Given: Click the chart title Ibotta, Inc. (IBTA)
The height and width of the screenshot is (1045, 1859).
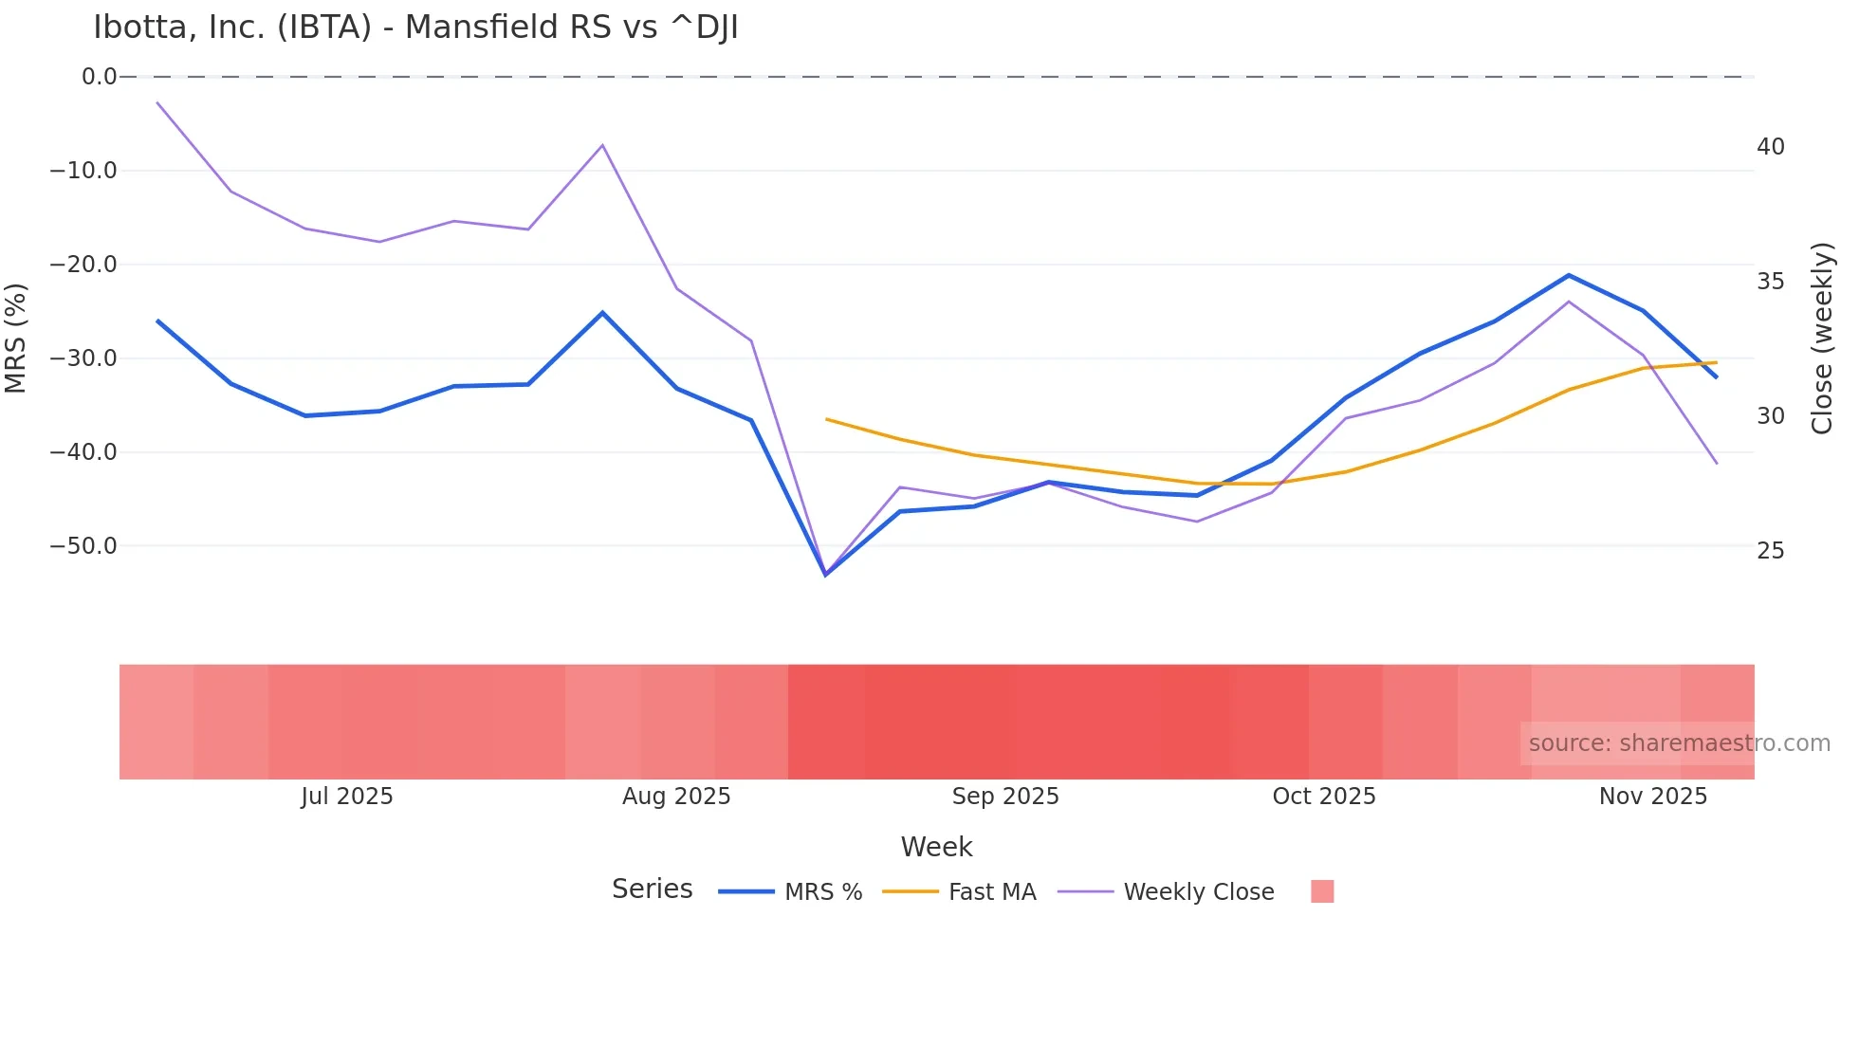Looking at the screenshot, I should tap(415, 27).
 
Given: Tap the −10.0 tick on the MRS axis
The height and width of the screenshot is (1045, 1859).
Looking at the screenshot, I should tap(83, 171).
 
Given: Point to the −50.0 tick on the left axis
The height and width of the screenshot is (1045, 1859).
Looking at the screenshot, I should tap(83, 546).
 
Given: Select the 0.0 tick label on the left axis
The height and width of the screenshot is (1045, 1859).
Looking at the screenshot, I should tap(99, 77).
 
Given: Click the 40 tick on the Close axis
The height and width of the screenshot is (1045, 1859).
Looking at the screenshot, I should tap(1770, 147).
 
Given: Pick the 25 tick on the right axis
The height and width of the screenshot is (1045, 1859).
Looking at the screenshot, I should tap(1770, 551).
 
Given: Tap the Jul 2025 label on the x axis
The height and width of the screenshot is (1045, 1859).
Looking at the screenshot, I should tap(347, 797).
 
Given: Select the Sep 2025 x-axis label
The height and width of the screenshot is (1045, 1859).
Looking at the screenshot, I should tap(1005, 797).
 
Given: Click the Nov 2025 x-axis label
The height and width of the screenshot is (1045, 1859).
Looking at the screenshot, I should tap(1653, 797).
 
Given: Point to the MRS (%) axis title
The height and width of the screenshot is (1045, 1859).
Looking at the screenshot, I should tap(16, 338).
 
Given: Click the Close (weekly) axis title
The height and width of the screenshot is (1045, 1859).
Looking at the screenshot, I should tap(1822, 338).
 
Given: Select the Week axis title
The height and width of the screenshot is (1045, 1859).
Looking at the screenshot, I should tap(936, 847).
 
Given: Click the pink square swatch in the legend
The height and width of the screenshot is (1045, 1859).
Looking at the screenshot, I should tap(1322, 891).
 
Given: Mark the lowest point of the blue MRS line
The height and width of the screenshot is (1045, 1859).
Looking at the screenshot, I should tap(825, 575).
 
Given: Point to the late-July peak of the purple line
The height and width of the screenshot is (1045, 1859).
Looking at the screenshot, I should tap(602, 145).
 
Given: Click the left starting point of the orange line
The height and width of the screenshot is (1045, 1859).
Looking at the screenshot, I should tap(826, 419).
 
